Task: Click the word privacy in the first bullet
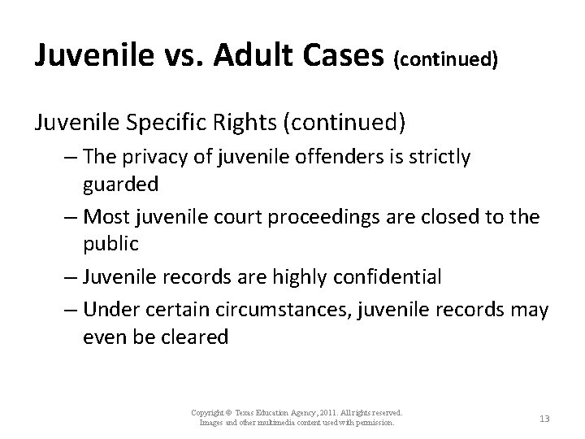[152, 158]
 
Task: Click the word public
[110, 243]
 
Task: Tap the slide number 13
[544, 418]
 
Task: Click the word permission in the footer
[374, 423]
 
